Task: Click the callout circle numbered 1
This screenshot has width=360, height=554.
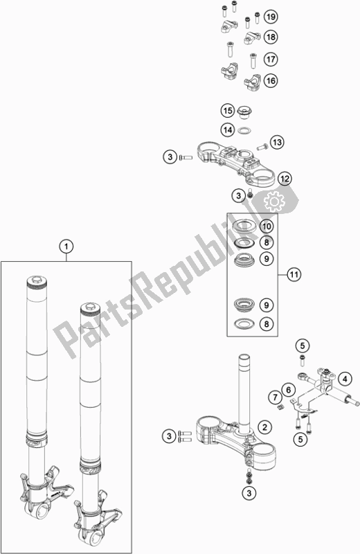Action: tap(66, 247)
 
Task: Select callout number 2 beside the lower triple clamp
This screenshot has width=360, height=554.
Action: tap(264, 427)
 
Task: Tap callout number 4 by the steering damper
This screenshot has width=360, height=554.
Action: tap(345, 379)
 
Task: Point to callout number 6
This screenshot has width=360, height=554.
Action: tap(288, 390)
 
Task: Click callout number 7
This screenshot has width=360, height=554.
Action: tap(275, 397)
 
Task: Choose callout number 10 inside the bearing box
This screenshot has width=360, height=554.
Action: tap(267, 226)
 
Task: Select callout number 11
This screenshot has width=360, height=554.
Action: tap(294, 274)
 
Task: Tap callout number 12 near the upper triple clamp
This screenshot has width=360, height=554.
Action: tap(285, 179)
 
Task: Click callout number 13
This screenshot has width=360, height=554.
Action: tap(277, 143)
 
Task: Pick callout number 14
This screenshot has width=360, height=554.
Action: tap(228, 130)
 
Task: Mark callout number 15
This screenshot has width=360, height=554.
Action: tap(228, 111)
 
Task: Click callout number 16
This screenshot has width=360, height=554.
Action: tap(271, 80)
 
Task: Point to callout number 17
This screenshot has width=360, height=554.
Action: tap(271, 59)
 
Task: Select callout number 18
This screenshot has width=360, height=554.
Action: tap(271, 37)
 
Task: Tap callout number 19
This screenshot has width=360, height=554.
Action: tap(271, 17)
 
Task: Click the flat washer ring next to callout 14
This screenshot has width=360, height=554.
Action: tap(244, 131)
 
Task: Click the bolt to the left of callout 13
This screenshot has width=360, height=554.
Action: tap(262, 145)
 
